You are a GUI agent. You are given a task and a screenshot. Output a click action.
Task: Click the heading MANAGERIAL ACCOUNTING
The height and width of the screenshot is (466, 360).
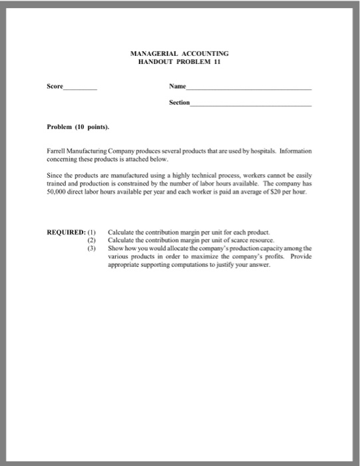pos(180,53)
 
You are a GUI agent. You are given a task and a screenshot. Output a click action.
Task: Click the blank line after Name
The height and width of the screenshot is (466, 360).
pos(250,89)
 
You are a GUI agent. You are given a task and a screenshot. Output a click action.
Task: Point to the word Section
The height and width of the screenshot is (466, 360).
pos(179,103)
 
